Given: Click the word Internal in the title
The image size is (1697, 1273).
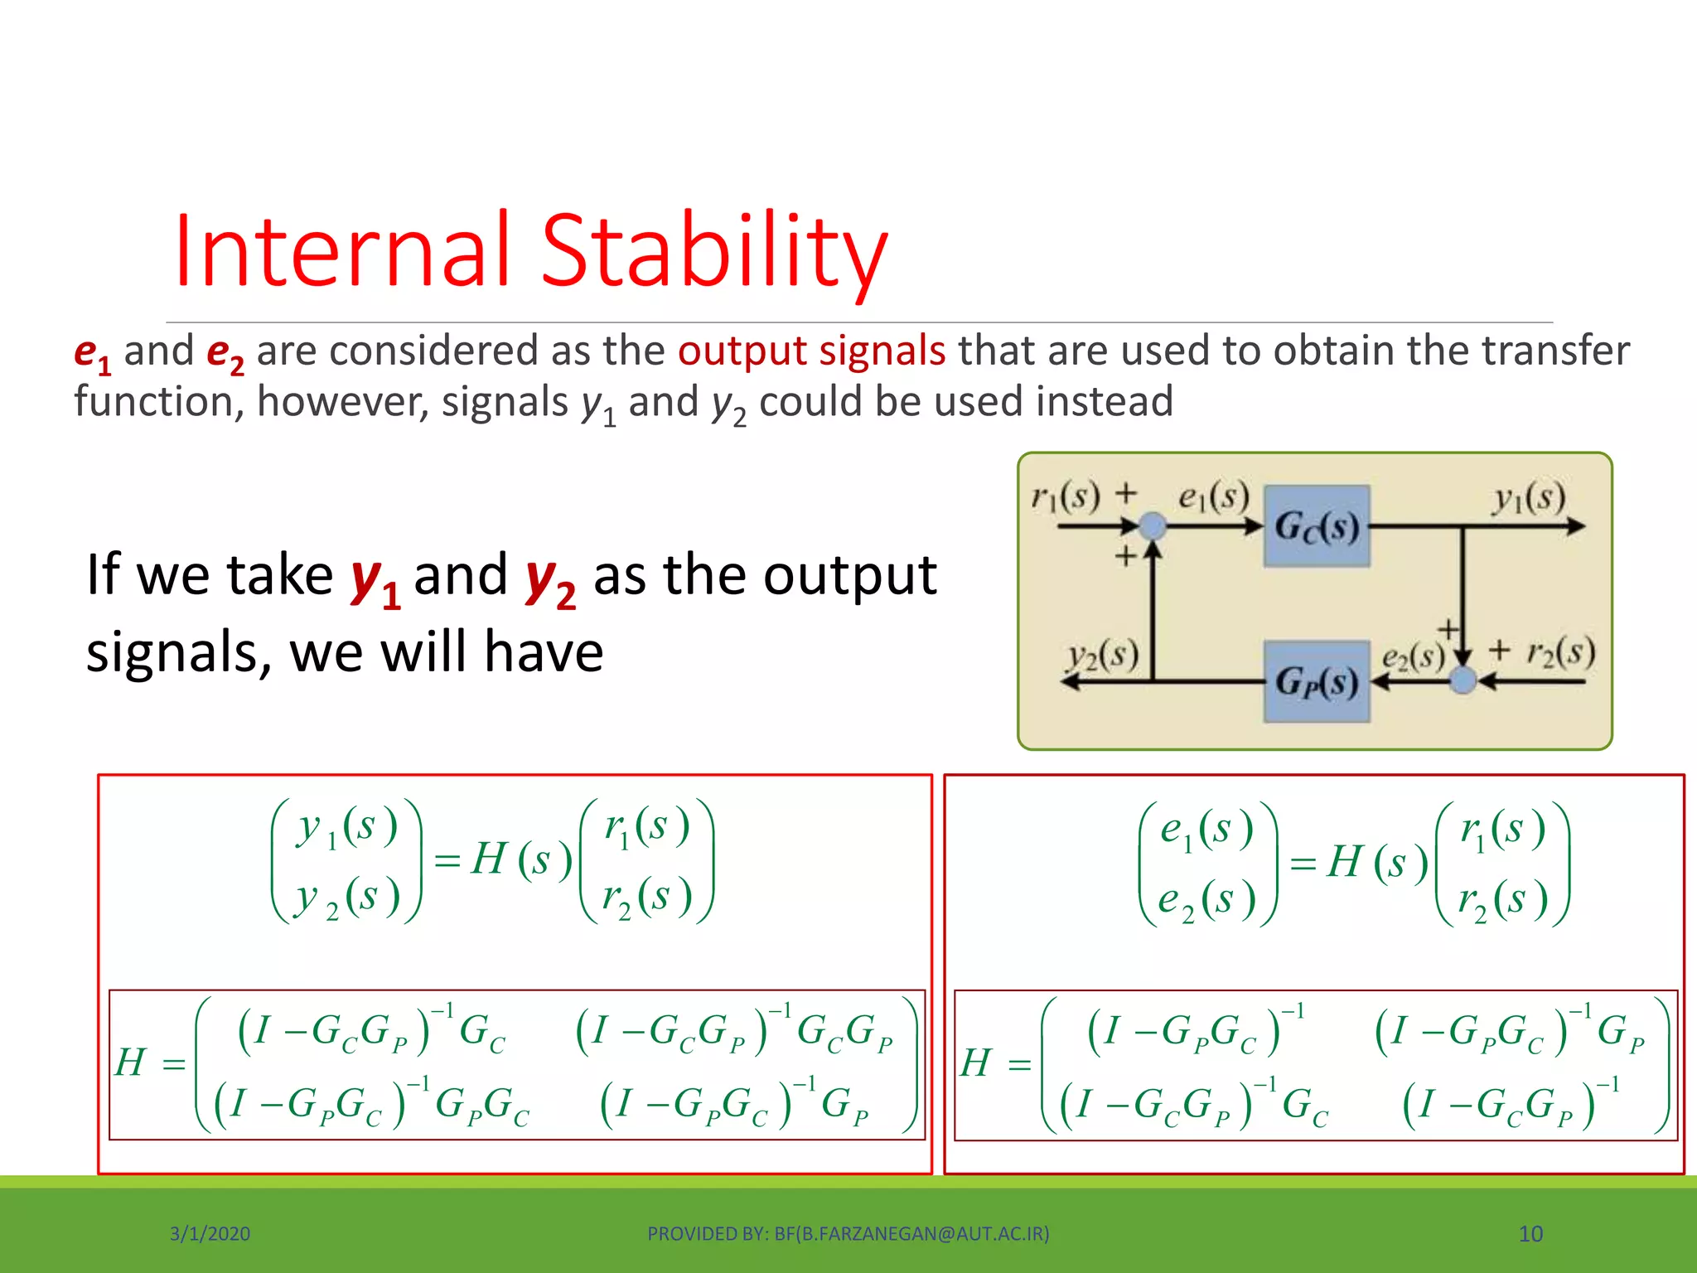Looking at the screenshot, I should [341, 250].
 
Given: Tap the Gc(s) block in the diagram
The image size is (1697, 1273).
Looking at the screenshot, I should [1317, 526].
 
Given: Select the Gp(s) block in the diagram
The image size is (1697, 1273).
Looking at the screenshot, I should [1317, 681].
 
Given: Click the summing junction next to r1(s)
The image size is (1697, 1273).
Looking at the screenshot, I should [1153, 525].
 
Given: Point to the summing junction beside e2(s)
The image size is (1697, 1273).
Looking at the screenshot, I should [1463, 681].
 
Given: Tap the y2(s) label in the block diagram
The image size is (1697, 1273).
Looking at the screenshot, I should [1102, 656].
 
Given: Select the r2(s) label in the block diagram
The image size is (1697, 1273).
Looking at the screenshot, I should [1560, 652].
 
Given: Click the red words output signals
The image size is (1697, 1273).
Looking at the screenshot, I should [811, 351].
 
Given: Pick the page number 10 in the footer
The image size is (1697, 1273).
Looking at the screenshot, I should [1530, 1234].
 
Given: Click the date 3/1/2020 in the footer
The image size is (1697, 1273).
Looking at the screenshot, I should [210, 1234].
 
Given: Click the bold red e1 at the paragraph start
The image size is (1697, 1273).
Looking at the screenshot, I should [91, 353].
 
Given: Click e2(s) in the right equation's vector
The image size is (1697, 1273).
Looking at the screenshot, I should [1206, 900].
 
